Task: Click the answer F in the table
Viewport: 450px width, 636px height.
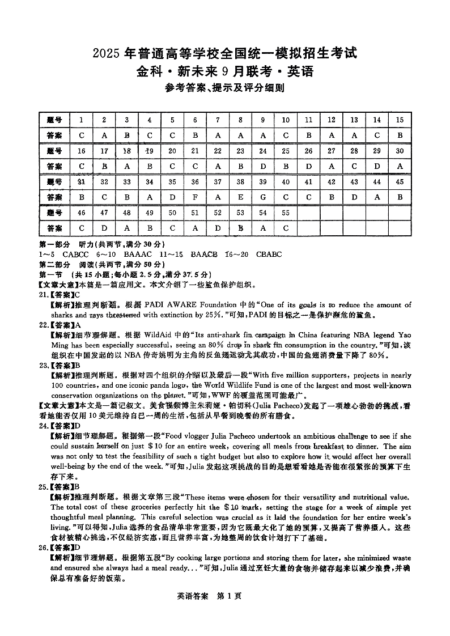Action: tap(195, 197)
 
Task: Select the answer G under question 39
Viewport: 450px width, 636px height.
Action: tap(263, 197)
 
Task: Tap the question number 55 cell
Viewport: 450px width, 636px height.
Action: tap(286, 213)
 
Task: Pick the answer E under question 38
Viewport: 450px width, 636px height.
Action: tap(240, 197)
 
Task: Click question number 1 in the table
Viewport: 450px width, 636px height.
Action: tap(82, 120)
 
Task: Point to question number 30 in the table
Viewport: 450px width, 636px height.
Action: tap(400, 151)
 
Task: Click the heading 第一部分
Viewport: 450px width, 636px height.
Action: tap(51, 244)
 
